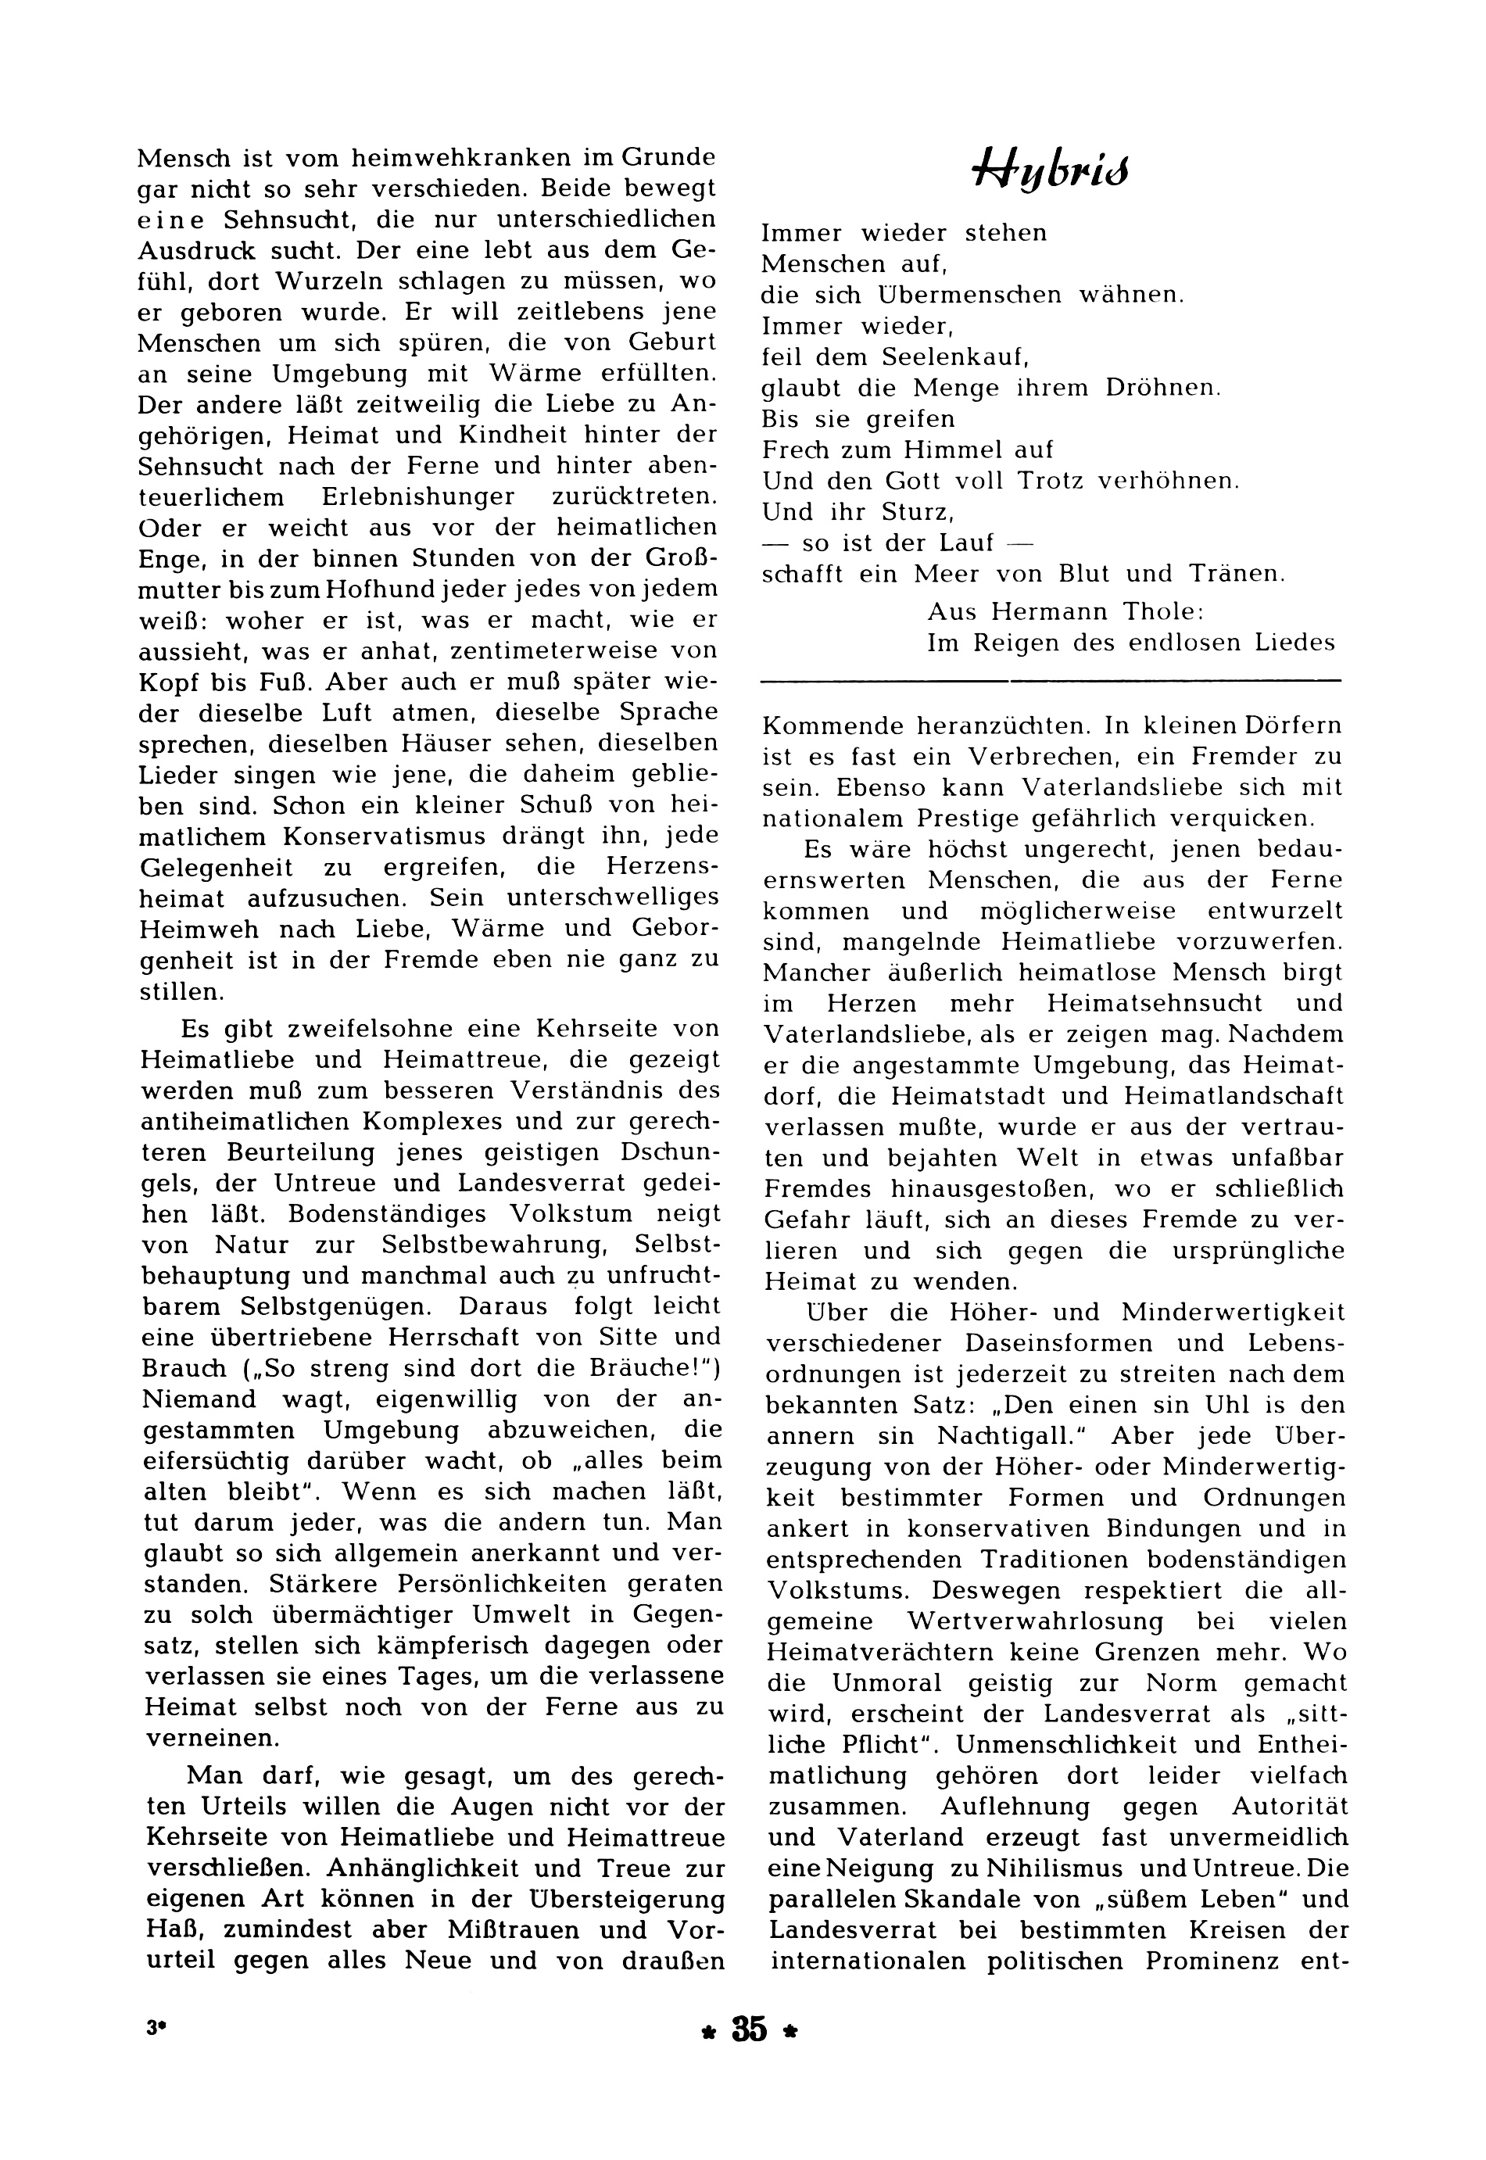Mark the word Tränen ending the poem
pyautogui.click(x=1234, y=575)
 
